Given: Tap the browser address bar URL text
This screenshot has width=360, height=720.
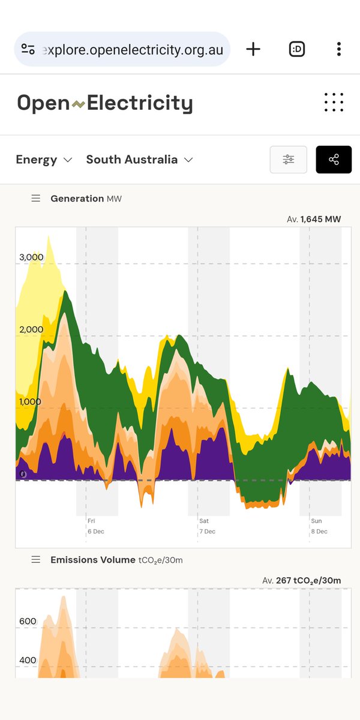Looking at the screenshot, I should pos(132,50).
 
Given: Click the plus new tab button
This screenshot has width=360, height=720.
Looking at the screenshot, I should pos(253,49).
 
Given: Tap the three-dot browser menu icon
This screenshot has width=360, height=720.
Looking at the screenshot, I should pos(339,49).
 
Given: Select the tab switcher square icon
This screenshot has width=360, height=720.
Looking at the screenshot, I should pos(296,49).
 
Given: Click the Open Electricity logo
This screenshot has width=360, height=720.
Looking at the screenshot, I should pos(104,104).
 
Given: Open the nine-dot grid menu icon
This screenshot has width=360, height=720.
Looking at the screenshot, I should pos(334,102).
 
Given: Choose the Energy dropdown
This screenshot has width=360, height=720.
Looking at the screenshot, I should pos(44,160).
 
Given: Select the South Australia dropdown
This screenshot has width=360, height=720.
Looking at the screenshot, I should pos(139,160).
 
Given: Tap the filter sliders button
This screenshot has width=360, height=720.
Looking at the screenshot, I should pos(289,160).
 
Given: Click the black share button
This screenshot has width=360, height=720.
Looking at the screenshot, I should pos(334,160).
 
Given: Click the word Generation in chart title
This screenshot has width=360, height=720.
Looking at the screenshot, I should pos(77,199).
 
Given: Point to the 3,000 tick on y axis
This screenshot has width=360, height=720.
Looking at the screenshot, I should pos(31,257).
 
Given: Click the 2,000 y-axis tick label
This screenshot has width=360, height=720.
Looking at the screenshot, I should pos(31,329).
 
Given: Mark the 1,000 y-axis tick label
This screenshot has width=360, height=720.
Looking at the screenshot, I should pos(31,401).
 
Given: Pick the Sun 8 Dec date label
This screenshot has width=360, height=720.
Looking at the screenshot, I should pos(319,526).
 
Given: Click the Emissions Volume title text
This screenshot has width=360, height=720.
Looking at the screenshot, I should pos(93,560).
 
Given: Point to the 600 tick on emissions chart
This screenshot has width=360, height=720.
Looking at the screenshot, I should pos(28,621).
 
